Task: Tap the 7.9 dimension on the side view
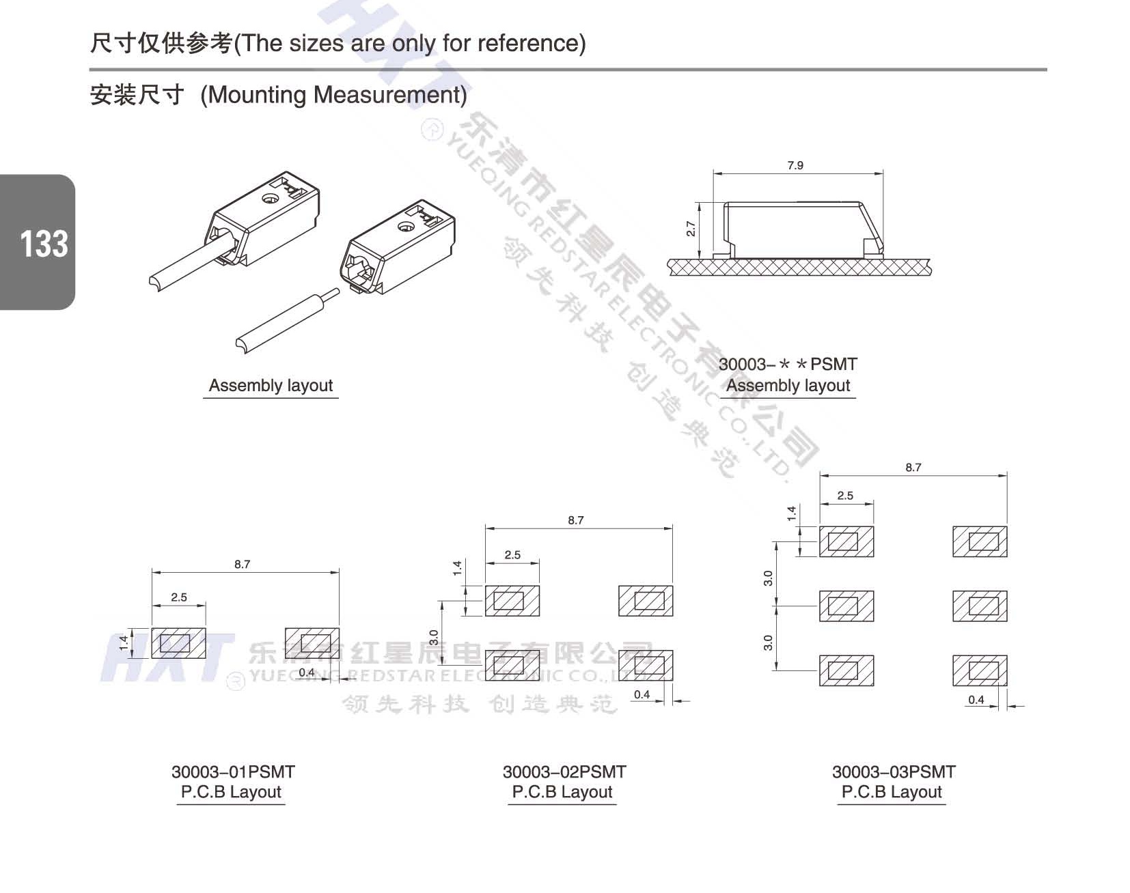[795, 165]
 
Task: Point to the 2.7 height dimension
[691, 229]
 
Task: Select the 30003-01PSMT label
[233, 772]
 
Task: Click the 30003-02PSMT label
[564, 772]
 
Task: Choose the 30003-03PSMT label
[894, 772]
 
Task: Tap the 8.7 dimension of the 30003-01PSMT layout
[243, 565]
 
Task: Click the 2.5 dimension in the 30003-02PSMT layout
[512, 555]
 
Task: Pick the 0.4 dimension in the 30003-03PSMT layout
[976, 700]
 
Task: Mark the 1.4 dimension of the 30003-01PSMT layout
[124, 642]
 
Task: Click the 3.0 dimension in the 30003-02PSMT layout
[434, 637]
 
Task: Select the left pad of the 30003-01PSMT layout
[178, 643]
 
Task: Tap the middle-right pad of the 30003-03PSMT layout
[980, 606]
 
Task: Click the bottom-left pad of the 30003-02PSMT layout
[512, 665]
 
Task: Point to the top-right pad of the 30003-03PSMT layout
[980, 541]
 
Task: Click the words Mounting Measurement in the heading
[333, 95]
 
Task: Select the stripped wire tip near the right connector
[333, 294]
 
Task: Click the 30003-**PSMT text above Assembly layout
[788, 365]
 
